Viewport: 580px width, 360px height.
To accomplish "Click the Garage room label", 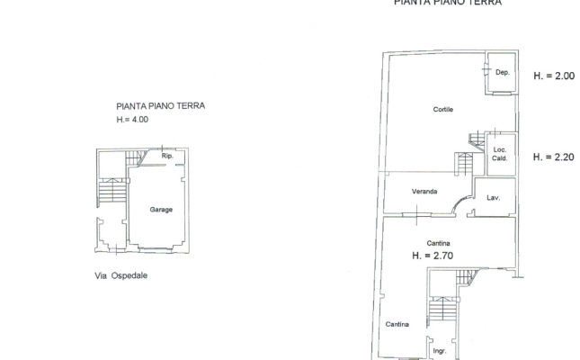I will [161, 210].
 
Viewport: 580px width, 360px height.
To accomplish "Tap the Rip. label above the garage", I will [167, 157].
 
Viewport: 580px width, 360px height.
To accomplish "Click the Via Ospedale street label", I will [120, 276].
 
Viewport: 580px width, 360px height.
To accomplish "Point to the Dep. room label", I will [503, 72].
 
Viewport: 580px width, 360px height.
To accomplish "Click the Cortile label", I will [443, 110].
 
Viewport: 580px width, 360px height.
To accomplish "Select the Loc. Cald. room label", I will [501, 154].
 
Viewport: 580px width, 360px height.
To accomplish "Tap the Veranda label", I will [424, 193].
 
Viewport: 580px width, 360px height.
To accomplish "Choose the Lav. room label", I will [494, 197].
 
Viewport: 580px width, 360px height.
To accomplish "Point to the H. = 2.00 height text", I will [553, 76].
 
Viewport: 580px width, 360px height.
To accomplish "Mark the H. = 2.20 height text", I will [553, 157].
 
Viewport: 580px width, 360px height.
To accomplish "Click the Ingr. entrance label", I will [440, 350].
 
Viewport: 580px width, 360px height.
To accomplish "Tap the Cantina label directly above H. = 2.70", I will [439, 243].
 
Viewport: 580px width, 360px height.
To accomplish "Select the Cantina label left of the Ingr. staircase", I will [397, 324].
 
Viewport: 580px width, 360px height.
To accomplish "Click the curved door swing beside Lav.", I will [464, 204].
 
